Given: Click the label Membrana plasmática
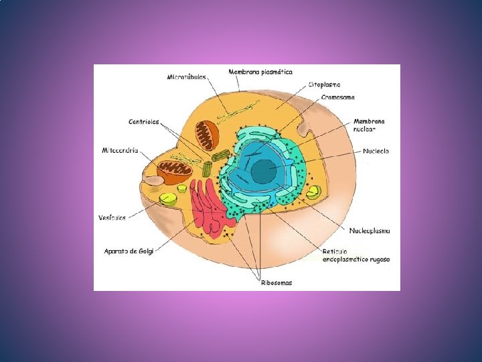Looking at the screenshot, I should (260, 71).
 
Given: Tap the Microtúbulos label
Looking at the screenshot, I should (187, 77).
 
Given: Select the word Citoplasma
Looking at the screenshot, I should (324, 84).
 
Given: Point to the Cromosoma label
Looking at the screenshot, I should (338, 97).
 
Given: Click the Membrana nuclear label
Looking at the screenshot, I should (369, 125).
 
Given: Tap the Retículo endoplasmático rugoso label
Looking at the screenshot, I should (355, 255).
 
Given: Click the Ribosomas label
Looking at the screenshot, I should (276, 282).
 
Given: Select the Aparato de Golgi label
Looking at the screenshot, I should (129, 251).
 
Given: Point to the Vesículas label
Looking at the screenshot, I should (112, 217).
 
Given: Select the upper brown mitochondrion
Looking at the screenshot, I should (207, 135).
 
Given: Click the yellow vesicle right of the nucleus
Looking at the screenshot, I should (313, 192).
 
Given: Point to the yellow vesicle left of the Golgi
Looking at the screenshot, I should (168, 198).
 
